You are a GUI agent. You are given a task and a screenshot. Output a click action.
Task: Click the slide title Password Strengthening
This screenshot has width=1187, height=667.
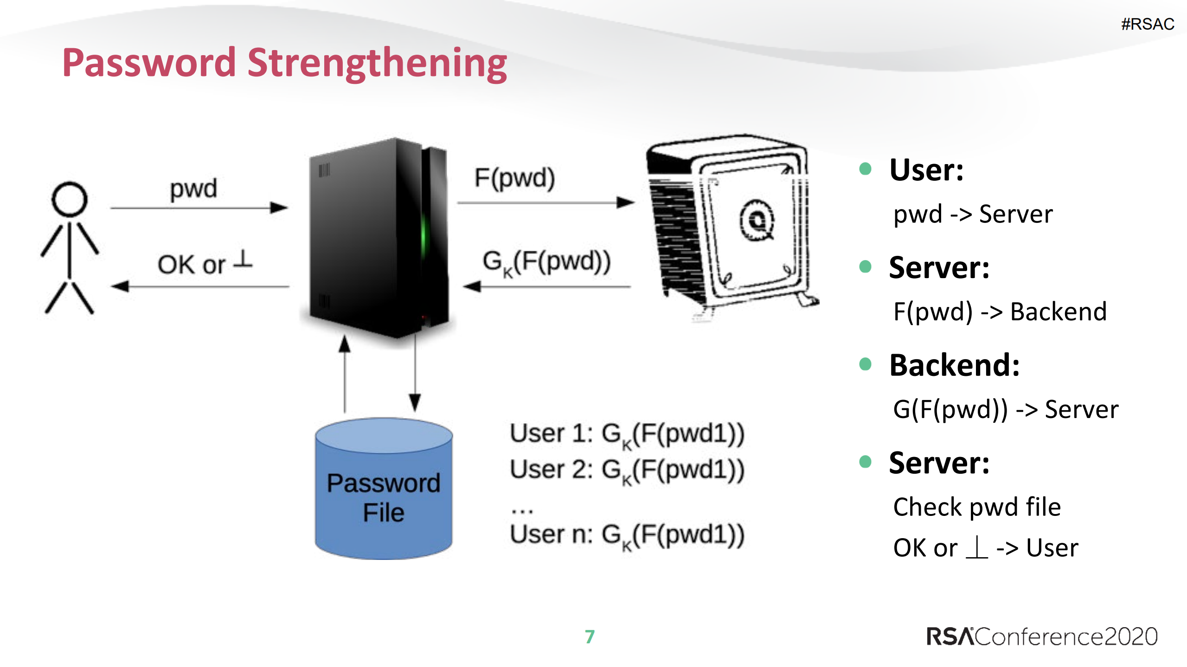pyautogui.click(x=284, y=64)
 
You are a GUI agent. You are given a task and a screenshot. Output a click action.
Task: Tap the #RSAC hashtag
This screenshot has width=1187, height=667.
pyautogui.click(x=1147, y=24)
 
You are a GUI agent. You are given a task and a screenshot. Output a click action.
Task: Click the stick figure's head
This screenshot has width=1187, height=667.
pyautogui.click(x=70, y=199)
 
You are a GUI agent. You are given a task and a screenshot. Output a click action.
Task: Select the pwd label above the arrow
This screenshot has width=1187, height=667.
pyautogui.click(x=193, y=189)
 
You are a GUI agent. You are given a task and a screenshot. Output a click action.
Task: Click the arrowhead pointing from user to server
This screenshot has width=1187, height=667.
pyautogui.click(x=279, y=208)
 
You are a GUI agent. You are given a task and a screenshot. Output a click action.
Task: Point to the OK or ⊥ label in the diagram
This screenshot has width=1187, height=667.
pyautogui.click(x=205, y=263)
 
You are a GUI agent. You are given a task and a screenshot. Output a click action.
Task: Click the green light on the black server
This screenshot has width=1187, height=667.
pyautogui.click(x=423, y=236)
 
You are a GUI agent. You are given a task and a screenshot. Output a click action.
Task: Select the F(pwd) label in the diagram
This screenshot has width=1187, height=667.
pyautogui.click(x=514, y=178)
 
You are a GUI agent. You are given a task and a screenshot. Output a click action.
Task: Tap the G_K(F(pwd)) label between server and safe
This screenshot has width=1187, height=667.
pyautogui.click(x=546, y=262)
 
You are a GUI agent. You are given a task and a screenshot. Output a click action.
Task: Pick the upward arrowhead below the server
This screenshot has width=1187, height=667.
pyautogui.click(x=344, y=344)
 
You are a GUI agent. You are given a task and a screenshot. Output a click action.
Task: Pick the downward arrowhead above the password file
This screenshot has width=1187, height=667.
pyautogui.click(x=415, y=401)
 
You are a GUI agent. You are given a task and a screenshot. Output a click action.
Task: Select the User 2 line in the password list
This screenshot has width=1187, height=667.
pyautogui.click(x=627, y=470)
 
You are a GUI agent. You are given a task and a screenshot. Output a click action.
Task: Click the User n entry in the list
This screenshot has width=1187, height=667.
pyautogui.click(x=627, y=535)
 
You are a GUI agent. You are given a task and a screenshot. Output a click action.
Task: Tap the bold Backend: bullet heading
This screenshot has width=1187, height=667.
pyautogui.click(x=954, y=365)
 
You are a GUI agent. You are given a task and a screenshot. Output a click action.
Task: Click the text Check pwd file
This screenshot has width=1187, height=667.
pyautogui.click(x=977, y=507)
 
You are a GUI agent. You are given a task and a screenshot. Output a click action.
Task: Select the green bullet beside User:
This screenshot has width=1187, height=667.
pyautogui.click(x=865, y=169)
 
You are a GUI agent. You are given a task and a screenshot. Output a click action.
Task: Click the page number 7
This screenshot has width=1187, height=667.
pyautogui.click(x=590, y=636)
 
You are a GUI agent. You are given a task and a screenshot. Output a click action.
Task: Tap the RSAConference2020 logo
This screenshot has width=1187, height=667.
pyautogui.click(x=1042, y=636)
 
